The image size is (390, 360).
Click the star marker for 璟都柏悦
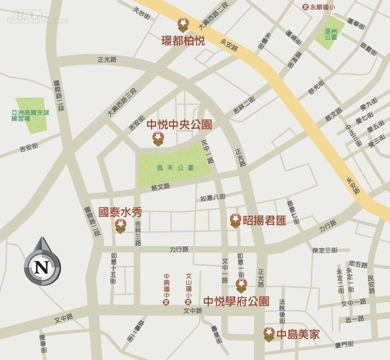(x=183, y=23)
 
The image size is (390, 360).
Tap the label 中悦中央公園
(x=179, y=125)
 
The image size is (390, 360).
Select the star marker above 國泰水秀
(x=120, y=225)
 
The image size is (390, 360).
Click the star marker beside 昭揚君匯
(x=235, y=220)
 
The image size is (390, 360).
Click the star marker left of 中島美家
(x=269, y=333)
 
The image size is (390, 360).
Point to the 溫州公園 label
(x=331, y=33)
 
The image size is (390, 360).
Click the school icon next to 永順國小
(x=306, y=7)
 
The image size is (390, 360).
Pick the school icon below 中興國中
(x=166, y=302)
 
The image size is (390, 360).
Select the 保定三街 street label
(x=325, y=250)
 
